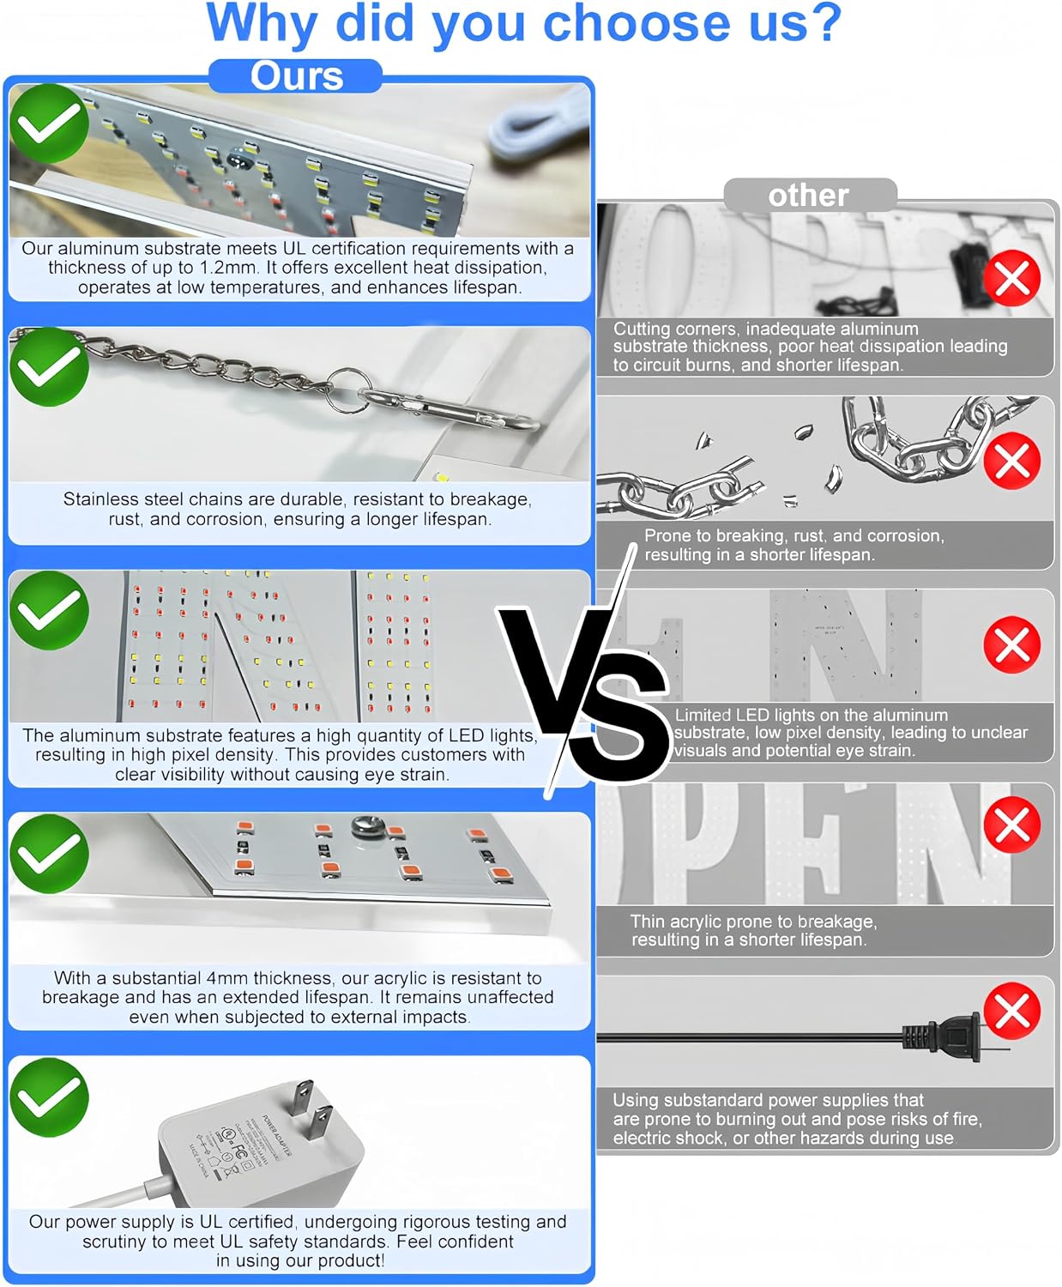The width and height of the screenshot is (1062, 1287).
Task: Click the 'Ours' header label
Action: (x=296, y=76)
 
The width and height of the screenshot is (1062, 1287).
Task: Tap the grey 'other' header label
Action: (x=808, y=196)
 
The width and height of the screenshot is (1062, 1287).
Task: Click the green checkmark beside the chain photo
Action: (x=49, y=366)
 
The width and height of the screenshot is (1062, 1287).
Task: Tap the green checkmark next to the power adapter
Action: (x=49, y=1097)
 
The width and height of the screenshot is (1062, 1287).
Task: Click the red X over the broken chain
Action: (x=1012, y=461)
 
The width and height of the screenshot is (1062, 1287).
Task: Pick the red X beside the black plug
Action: (x=1012, y=1012)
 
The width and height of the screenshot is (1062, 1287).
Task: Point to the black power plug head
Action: (x=941, y=1038)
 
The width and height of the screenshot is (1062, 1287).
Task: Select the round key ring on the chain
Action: (x=349, y=390)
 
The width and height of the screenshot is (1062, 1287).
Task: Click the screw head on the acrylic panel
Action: (x=368, y=826)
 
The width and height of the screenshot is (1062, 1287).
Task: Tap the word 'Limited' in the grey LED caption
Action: (x=703, y=715)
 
